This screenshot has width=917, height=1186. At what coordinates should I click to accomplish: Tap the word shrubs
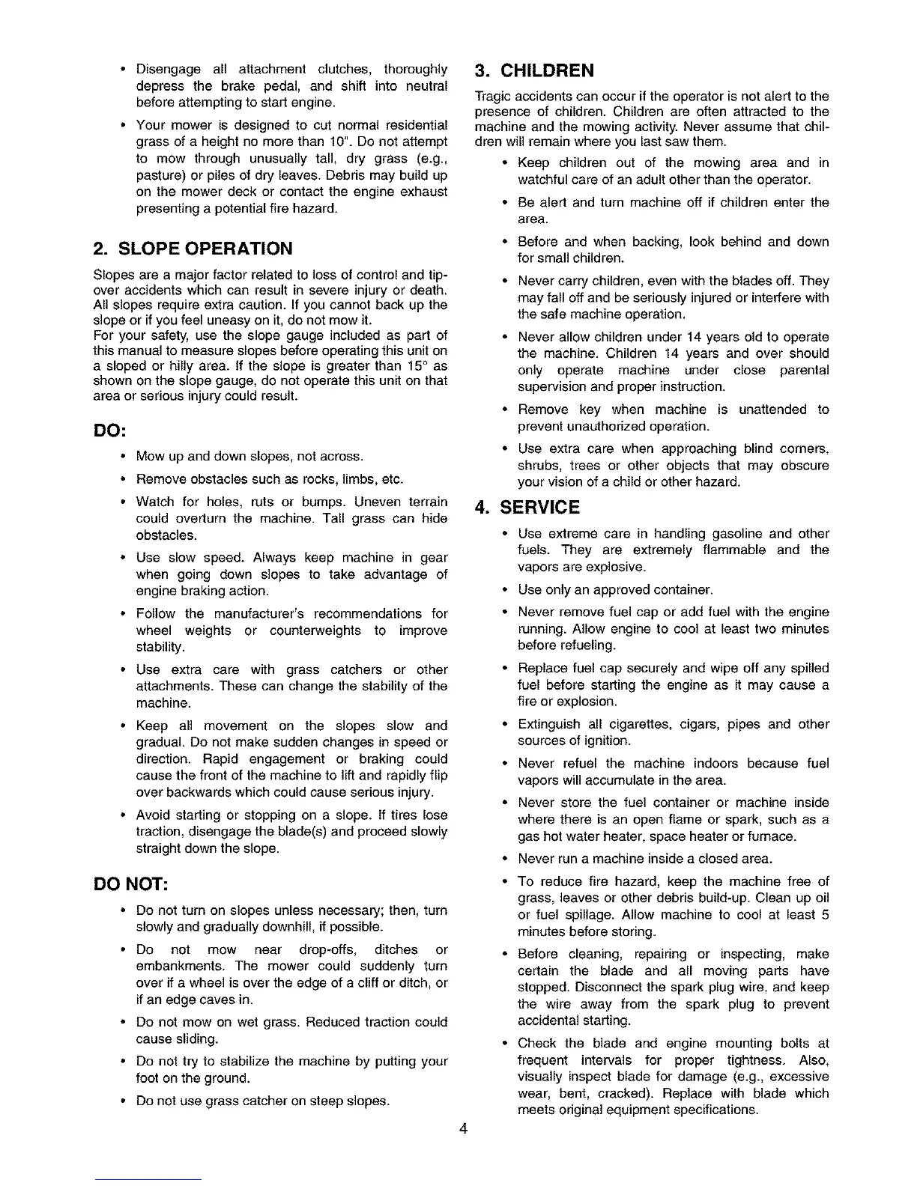pos(538,466)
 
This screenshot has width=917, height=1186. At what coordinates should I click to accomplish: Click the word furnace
pos(775,836)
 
